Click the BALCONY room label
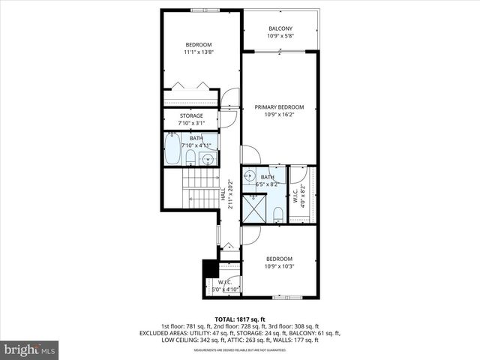pos(280,28)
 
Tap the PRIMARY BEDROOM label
pos(279,107)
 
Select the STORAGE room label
pos(190,115)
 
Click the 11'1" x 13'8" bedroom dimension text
pos(199,52)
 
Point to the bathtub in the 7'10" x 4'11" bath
pos(172,149)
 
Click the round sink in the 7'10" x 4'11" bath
pos(208,158)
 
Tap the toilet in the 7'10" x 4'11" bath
pos(190,157)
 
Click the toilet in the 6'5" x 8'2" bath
pos(277,214)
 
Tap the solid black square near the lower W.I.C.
pos(209,269)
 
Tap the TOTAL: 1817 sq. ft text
pos(239,318)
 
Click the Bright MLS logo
pos(30,349)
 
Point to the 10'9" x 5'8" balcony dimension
pos(280,36)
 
